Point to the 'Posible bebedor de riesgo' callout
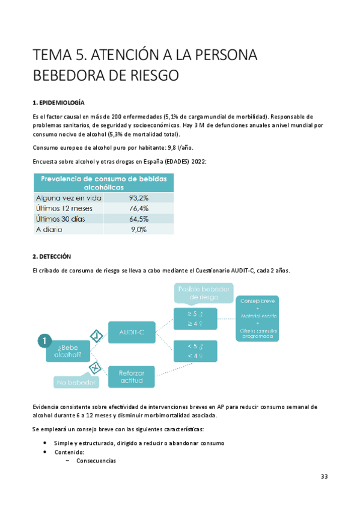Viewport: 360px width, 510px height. coord(203,293)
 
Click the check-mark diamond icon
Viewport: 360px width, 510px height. coord(96,334)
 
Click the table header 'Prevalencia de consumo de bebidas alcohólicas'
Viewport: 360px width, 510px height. coord(103,183)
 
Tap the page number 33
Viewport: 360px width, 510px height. coord(324,476)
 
